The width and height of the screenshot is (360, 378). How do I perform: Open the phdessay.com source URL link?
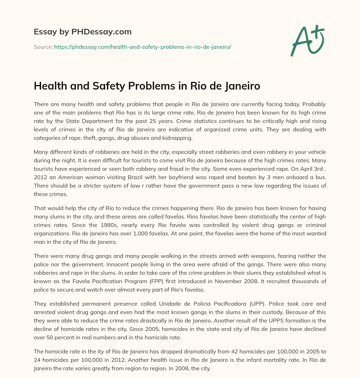(x=142, y=47)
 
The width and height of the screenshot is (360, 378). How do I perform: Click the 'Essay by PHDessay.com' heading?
(x=83, y=32)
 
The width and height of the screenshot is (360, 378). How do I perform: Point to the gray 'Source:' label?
(x=43, y=47)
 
